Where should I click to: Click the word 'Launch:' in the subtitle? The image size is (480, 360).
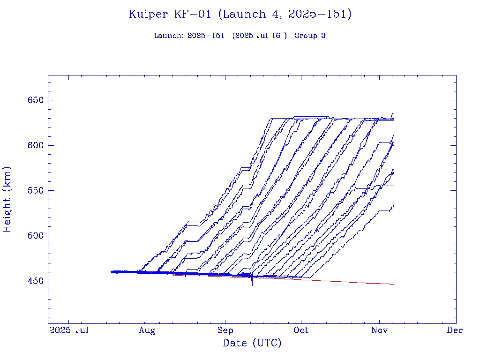click(169, 36)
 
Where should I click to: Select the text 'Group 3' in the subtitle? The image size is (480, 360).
click(310, 36)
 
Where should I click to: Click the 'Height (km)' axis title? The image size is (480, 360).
click(7, 199)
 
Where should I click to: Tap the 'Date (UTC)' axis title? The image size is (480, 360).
click(252, 344)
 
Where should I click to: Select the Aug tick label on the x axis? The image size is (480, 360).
click(147, 330)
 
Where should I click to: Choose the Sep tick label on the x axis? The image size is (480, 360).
click(225, 330)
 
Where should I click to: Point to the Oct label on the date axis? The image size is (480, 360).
click(301, 330)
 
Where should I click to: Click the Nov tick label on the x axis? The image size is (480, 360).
click(379, 330)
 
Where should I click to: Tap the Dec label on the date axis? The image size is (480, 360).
click(455, 330)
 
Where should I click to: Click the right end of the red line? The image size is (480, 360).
click(393, 285)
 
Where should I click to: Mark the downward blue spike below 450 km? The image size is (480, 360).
click(252, 283)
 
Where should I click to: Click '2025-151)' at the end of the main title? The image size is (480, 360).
click(320, 15)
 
